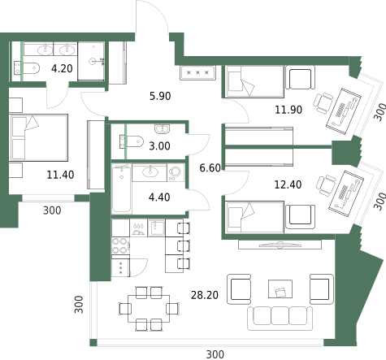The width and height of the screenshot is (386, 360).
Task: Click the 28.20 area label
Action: coord(205,295)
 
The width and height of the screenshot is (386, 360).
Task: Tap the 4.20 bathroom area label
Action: coord(62,68)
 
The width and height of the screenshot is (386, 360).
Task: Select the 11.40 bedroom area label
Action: coord(60,175)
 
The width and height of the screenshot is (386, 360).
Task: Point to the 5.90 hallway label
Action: coord(160,96)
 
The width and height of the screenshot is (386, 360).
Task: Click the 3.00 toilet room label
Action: coord(159,146)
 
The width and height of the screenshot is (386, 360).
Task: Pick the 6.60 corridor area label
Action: coord(210,168)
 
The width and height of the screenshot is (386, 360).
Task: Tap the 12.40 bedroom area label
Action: coord(288,184)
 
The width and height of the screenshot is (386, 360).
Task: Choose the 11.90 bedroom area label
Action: coord(288,110)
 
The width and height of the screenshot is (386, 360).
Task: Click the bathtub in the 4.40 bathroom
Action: coord(122,188)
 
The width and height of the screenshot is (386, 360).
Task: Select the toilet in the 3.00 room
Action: coord(132,141)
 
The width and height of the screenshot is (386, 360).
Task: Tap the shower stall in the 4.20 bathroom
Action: coord(91,61)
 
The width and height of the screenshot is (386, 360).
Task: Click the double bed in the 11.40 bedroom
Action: coord(38,137)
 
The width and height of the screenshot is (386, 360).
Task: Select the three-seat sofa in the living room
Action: coord(280,319)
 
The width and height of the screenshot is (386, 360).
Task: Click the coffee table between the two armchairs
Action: coord(280,289)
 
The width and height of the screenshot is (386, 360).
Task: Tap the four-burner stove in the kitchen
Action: coord(120,246)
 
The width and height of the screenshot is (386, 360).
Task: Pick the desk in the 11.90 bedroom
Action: coord(344,111)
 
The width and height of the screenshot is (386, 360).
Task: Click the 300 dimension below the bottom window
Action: coord(215,354)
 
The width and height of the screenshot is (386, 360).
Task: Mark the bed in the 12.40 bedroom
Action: coord(255,217)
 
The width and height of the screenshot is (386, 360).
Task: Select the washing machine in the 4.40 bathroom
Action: coord(176,173)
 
